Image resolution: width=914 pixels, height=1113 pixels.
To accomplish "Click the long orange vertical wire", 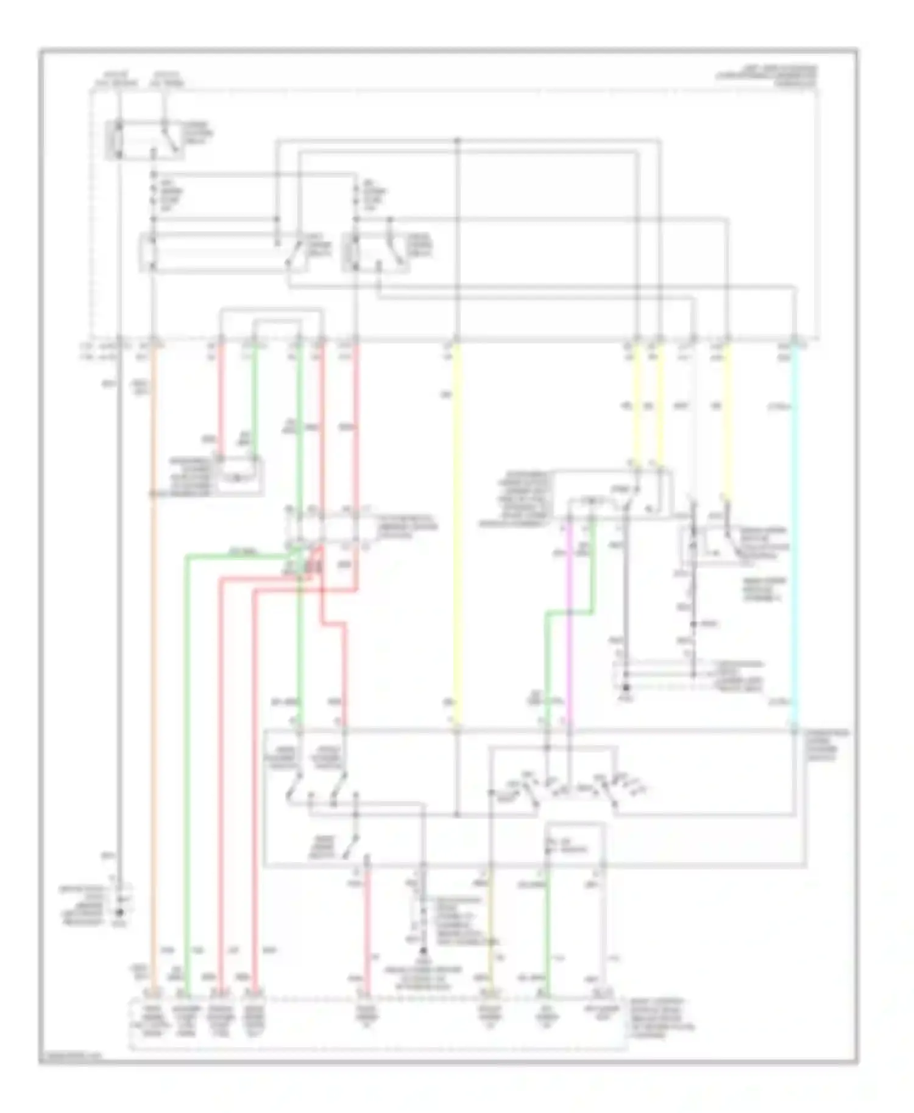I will [x=153, y=670].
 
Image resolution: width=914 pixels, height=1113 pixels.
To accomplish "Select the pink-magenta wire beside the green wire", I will [x=569, y=621].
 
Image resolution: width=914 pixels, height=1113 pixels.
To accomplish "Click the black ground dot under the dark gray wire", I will [x=119, y=913].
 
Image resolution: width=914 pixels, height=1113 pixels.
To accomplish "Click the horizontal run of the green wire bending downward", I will [x=238, y=555].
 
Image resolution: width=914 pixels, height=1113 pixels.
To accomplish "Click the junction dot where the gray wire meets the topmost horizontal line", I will [x=458, y=141].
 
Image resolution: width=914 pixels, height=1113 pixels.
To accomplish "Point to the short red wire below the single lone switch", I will [x=367, y=932].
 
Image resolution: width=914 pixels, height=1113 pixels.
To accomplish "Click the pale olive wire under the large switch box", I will [x=490, y=932].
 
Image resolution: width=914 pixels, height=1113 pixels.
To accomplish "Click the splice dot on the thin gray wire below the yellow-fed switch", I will [x=693, y=624].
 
